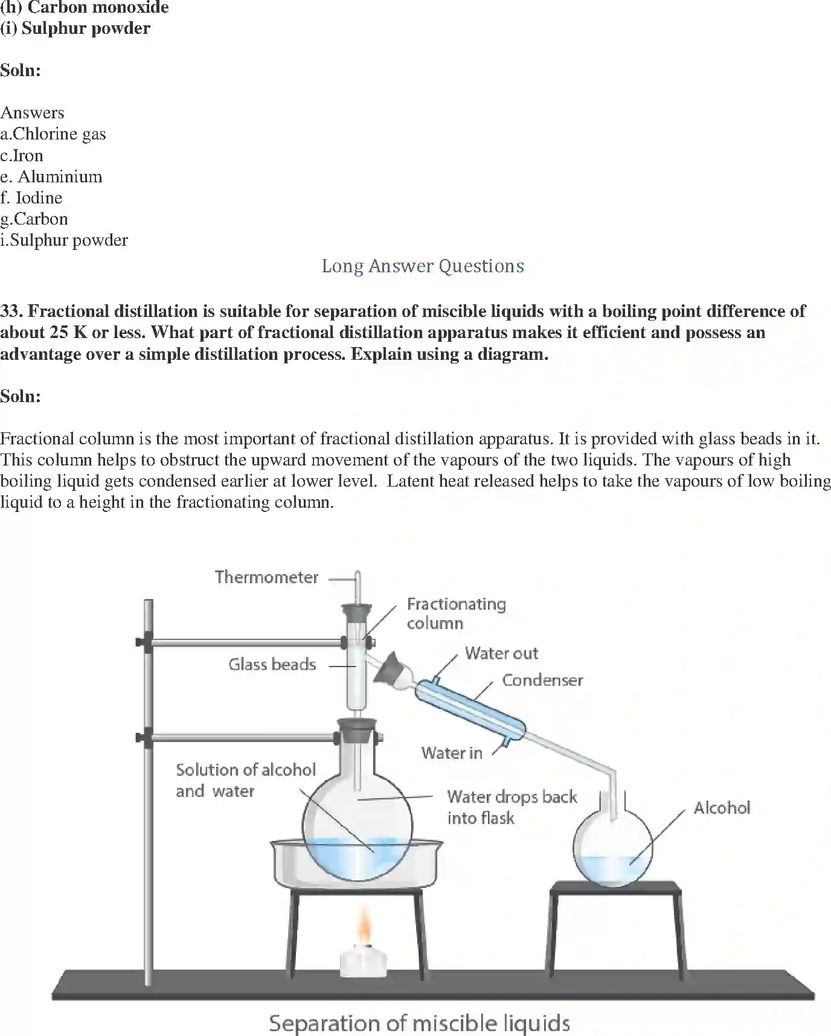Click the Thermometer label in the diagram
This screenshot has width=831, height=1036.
(266, 577)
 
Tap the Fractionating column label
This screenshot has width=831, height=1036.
(456, 613)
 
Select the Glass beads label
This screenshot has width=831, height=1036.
(272, 665)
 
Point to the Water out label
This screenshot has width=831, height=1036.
(501, 653)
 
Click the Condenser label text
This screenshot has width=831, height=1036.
(542, 680)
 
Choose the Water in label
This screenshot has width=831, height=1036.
(452, 753)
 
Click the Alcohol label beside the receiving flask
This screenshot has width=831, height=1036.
(722, 808)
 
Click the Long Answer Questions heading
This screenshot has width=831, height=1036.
(423, 266)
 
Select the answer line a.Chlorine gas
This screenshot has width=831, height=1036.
(53, 134)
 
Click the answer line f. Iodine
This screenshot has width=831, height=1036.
(31, 198)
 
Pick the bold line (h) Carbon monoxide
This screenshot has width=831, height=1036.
(85, 8)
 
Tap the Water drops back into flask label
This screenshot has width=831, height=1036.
(512, 807)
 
